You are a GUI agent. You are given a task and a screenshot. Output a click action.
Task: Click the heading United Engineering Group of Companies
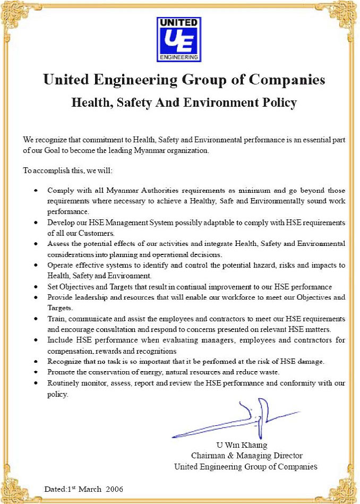[183, 80]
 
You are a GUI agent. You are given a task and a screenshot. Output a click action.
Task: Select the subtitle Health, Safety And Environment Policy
[183, 102]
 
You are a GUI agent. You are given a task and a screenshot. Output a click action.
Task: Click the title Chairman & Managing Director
[246, 456]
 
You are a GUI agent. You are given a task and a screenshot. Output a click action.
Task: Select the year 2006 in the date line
[117, 489]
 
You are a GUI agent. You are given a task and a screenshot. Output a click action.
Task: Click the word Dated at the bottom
[54, 489]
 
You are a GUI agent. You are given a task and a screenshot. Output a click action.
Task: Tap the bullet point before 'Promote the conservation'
[36, 372]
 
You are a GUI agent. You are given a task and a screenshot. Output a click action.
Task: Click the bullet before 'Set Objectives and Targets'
[36, 287]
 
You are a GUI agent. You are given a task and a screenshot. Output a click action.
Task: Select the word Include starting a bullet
[59, 340]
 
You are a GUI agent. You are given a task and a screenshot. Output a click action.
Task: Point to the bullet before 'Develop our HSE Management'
[36, 223]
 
